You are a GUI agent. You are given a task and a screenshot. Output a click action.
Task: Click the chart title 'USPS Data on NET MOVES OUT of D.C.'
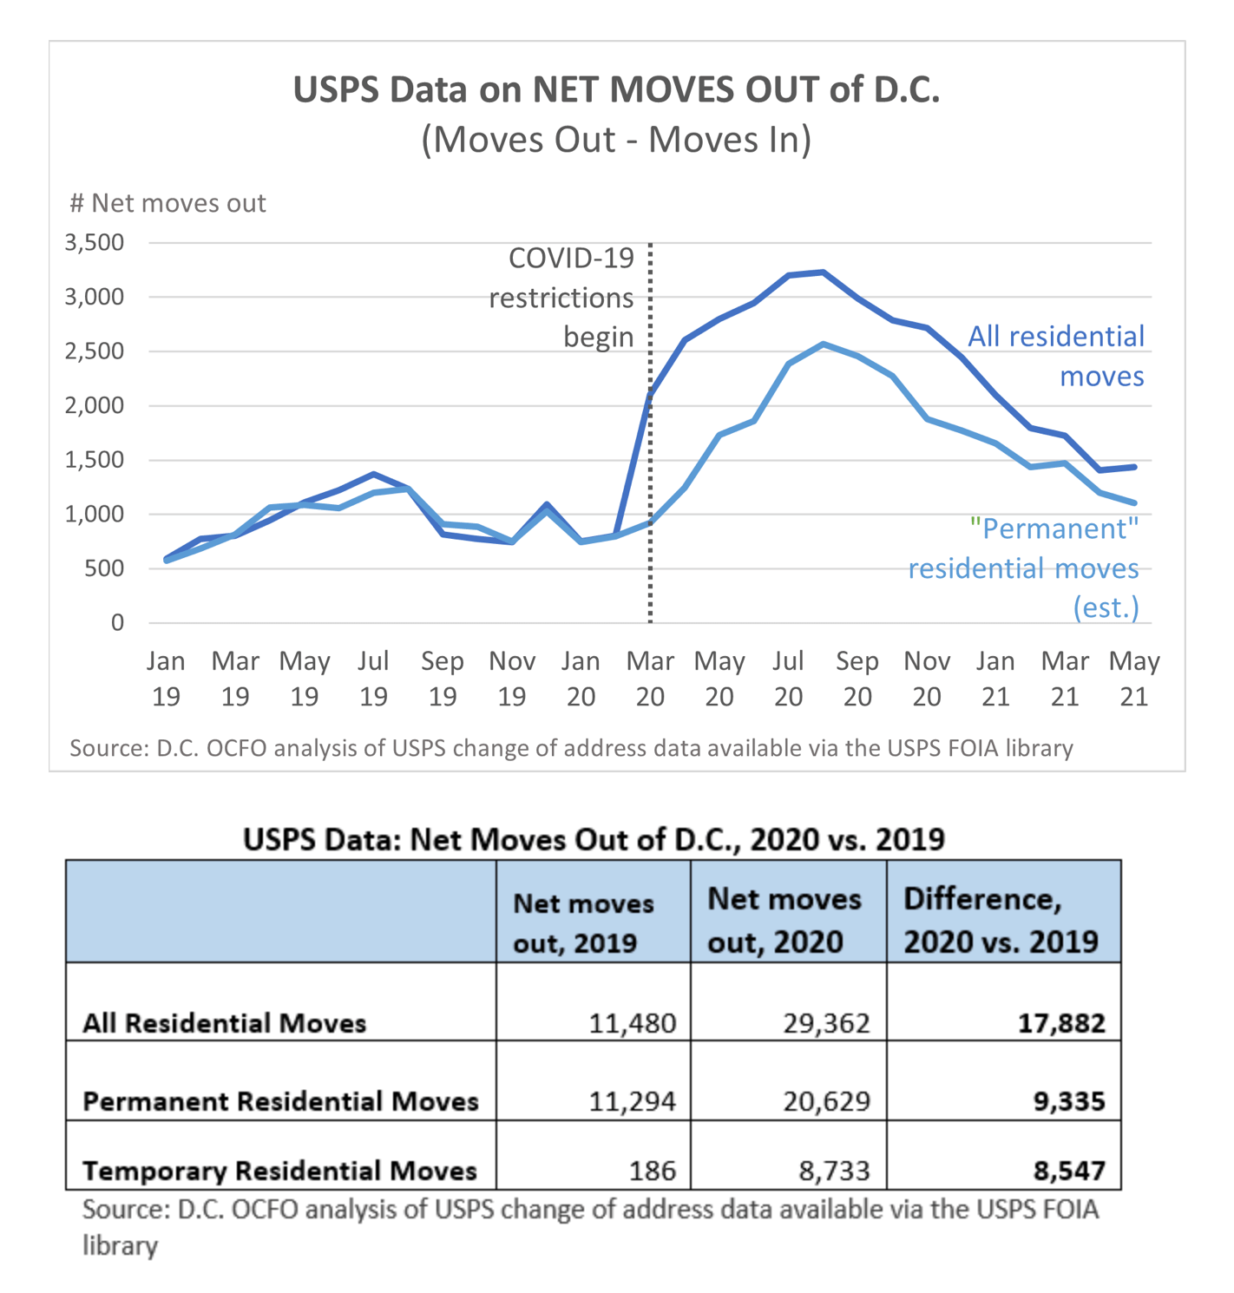pos(616,90)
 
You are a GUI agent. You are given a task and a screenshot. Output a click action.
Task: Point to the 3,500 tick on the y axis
pos(95,242)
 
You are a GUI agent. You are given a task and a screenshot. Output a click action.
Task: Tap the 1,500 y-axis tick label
pos(95,460)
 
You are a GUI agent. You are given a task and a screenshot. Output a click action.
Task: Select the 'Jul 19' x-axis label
pos(373,679)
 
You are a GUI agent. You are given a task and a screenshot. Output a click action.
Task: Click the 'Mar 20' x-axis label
pos(650,679)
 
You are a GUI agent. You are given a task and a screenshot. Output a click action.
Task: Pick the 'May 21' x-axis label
pos(1134,679)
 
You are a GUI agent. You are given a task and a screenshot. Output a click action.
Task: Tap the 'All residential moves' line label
pos(1056,356)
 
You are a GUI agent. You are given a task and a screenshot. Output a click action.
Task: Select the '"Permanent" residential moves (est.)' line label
pos(1024,568)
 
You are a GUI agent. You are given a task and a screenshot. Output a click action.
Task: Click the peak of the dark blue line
pos(823,272)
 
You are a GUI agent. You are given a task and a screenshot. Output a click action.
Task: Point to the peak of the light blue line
pos(823,345)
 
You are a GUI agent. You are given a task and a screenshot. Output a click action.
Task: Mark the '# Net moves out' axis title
pos(167,203)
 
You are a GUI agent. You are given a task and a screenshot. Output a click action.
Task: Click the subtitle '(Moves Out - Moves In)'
pos(616,140)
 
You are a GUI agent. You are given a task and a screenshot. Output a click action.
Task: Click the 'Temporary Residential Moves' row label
pos(279,1171)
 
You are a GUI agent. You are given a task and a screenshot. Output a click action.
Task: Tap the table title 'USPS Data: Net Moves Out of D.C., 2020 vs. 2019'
pos(594,839)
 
